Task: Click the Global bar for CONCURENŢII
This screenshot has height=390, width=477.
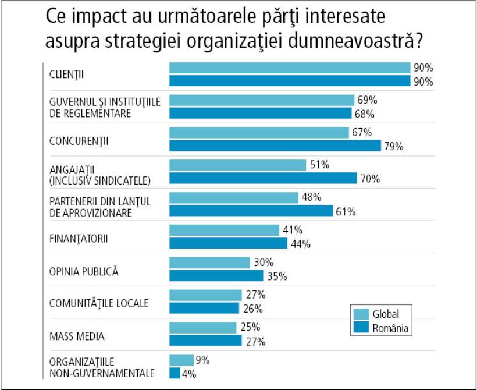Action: [x=259, y=133]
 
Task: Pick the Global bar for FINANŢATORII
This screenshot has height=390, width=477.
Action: [x=224, y=231]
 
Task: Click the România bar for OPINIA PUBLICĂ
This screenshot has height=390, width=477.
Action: [x=216, y=276]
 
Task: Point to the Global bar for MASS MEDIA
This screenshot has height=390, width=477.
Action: [x=203, y=328]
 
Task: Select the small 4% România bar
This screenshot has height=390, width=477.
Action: [x=175, y=373]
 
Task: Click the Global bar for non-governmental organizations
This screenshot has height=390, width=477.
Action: [x=181, y=360]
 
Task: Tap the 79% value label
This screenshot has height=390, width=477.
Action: [x=394, y=146]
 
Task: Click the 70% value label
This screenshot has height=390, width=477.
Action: [x=371, y=178]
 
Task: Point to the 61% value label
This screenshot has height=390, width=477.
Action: [x=346, y=211]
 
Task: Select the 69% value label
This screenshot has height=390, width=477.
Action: [x=368, y=100]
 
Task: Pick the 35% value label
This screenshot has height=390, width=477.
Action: [x=277, y=276]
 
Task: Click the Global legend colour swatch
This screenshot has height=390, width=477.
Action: [x=361, y=314]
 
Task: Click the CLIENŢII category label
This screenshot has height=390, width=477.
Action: [x=67, y=75]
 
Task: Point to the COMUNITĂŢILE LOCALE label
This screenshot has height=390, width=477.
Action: [x=98, y=303]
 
